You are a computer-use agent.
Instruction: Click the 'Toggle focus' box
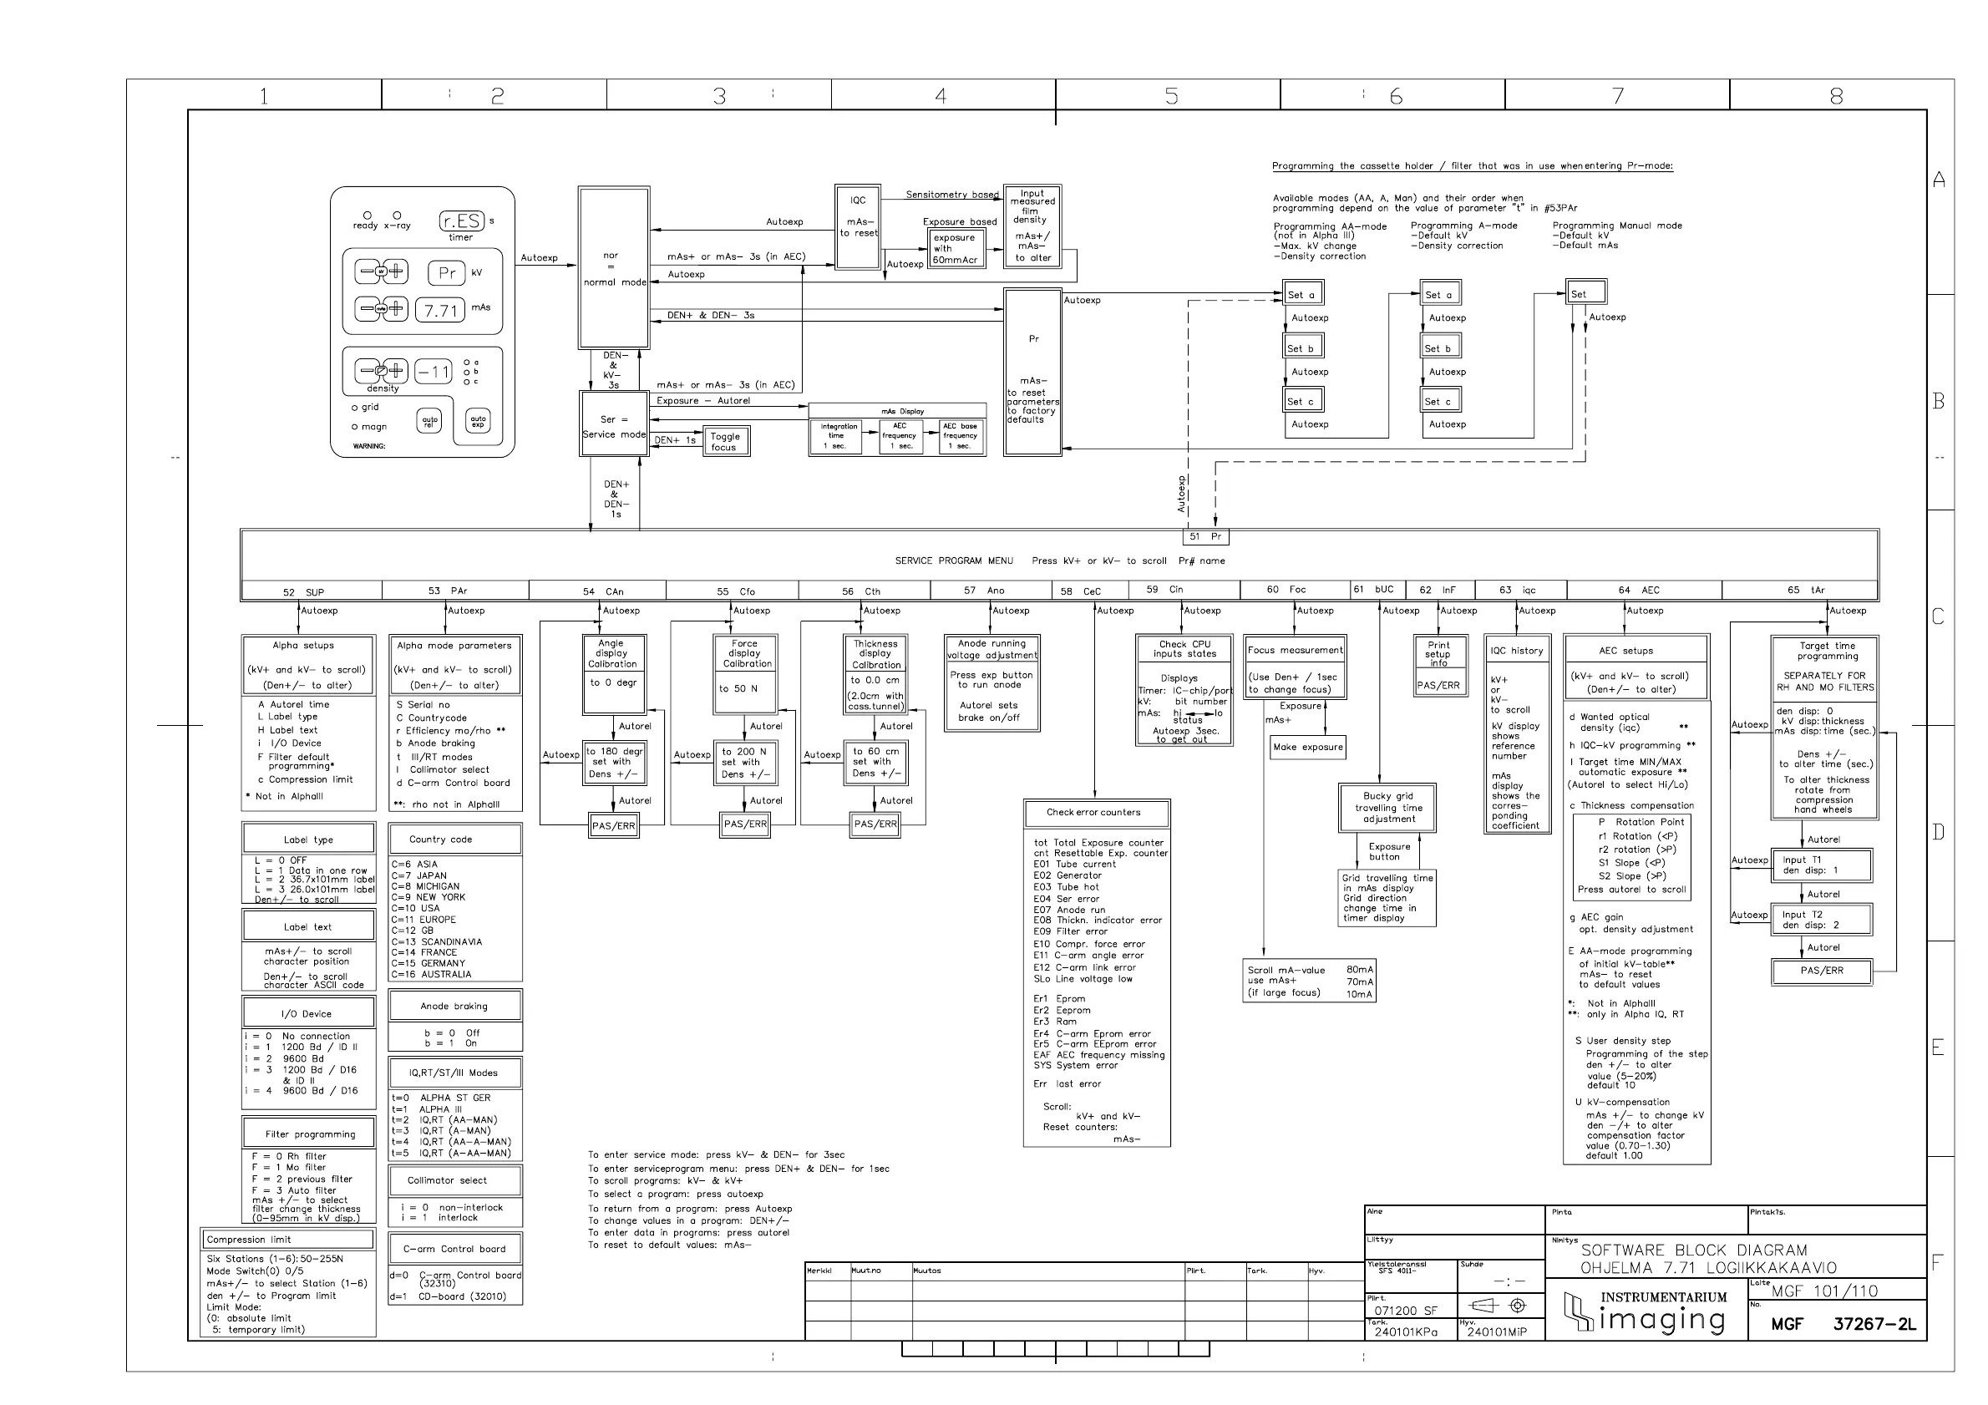(x=725, y=442)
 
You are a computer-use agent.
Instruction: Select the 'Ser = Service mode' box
(x=614, y=424)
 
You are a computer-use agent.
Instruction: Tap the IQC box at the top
(x=857, y=227)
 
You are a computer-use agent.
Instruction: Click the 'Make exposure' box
(x=1307, y=747)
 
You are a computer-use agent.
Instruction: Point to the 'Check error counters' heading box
(x=1095, y=813)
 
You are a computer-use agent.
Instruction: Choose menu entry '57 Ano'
(x=985, y=591)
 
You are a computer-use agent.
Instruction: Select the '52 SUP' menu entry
(x=303, y=592)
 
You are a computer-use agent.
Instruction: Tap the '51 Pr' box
(x=1205, y=537)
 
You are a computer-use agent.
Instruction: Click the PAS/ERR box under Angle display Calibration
(x=613, y=826)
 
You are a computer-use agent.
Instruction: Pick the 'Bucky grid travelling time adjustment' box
(x=1388, y=807)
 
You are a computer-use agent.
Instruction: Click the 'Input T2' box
(x=1821, y=920)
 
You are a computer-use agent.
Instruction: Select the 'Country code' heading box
(x=454, y=839)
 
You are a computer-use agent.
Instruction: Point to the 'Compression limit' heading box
(x=287, y=1240)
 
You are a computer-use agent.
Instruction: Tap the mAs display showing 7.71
(x=441, y=310)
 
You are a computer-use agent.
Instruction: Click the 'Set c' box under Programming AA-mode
(x=1302, y=401)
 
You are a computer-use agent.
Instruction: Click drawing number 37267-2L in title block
(x=1874, y=1324)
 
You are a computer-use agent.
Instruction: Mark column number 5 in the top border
(x=1170, y=95)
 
